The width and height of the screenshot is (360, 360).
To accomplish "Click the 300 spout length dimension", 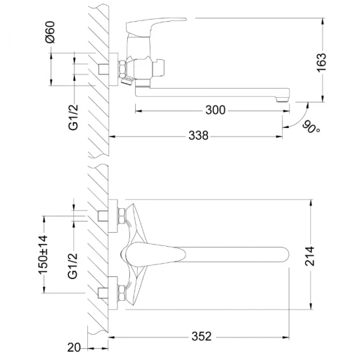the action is coord(215,110).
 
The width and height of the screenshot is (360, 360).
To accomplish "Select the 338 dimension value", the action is coord(198,136).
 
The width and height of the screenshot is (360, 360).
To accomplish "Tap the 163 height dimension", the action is coord(321,63).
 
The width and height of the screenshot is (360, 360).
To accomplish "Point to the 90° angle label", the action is coord(311,127).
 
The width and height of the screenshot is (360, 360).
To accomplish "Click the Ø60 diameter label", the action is coord(50,32).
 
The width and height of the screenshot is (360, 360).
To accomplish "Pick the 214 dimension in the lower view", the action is coord(309,256).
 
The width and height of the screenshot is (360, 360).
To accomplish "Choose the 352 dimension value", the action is coord(202,336).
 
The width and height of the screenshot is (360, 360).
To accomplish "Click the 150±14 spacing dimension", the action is coord(43,255).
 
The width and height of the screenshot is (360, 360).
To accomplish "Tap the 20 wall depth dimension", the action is coord(74,347).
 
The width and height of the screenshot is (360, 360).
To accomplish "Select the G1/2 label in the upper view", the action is coord(73,117).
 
